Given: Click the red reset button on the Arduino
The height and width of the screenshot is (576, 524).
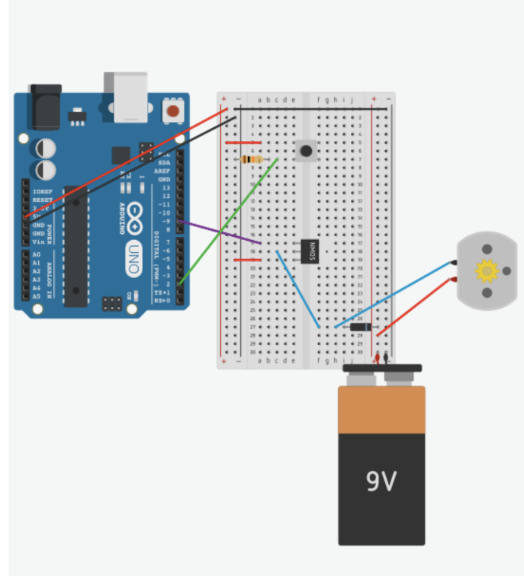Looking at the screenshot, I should tap(173, 111).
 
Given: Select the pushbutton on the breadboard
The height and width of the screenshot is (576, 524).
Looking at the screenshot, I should tap(306, 150).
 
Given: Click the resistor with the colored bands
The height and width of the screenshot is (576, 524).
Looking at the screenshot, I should tap(251, 159).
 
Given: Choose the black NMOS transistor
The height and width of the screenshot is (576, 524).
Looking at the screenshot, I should tap(309, 251).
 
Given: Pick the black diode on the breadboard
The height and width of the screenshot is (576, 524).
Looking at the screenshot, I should tap(361, 327).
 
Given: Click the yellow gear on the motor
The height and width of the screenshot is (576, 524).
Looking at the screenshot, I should tap(486, 270).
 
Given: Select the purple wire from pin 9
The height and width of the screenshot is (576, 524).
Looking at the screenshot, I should tap(221, 233).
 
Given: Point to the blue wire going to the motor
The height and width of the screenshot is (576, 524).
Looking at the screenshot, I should tap(397, 294).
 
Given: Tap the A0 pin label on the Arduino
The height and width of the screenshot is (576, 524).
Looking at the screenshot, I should tap(36, 254).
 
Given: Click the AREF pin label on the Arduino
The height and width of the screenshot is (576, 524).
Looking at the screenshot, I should tap(163, 171).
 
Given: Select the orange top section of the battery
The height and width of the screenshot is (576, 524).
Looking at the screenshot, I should tap(381, 410).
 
